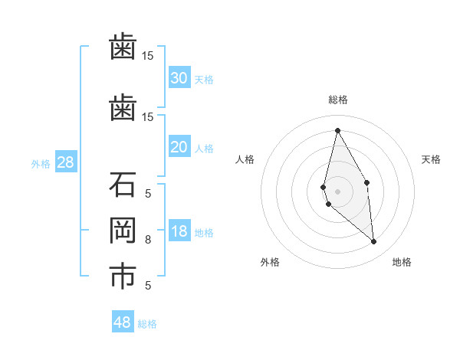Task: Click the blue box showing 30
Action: coord(179,78)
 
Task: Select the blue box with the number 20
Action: coord(179,147)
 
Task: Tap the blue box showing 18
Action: coord(179,231)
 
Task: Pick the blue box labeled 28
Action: coord(65,162)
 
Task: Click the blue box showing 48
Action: coord(123,322)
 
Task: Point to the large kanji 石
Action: coord(123,185)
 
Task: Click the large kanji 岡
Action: coord(123,231)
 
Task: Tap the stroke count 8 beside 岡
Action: coord(148,240)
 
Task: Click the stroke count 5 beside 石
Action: coord(148,193)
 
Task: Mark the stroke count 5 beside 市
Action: coord(148,286)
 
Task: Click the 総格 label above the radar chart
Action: coord(338,100)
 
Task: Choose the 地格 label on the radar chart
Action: coord(402,263)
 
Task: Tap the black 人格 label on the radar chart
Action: coord(245,159)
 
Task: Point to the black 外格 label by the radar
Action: coord(269,263)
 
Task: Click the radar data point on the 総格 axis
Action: coord(337,130)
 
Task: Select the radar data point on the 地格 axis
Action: coord(373,241)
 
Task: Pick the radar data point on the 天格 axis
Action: coord(366,182)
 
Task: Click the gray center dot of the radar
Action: coord(337,191)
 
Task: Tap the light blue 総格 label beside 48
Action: coord(147,324)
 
